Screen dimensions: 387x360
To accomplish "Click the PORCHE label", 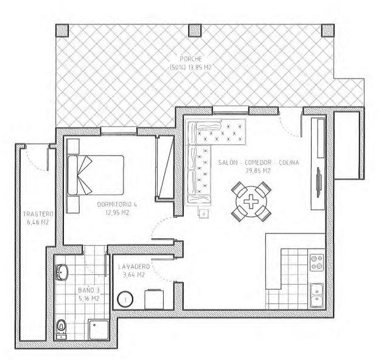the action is coord(191,59).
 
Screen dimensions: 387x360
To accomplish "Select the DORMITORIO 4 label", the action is coord(117,204).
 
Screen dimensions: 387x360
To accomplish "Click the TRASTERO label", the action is coord(38,214).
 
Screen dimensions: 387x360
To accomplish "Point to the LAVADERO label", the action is coord(134,266).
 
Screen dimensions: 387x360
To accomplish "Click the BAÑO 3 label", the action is coord(89,290).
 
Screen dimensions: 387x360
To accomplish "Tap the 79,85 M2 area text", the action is coord(258,171).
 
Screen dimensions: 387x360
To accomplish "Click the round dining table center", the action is coord(251,201).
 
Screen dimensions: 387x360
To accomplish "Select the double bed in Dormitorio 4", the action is coord(96,175).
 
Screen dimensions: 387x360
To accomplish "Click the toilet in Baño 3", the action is coord(61,330).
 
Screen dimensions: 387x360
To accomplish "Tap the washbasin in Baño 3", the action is coord(61,272).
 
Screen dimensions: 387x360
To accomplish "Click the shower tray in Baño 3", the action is coord(99,330).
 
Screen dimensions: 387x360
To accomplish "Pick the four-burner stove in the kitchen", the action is coord(317,262).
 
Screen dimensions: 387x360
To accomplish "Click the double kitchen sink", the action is coord(316,295).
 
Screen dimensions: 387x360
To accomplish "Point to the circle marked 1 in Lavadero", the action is coord(125,300).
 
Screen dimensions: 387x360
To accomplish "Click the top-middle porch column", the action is coord(195,30).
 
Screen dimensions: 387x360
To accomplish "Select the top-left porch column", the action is coord(62,30).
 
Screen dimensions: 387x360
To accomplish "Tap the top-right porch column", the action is coord(328,30).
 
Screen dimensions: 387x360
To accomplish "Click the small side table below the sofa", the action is coord(204,214).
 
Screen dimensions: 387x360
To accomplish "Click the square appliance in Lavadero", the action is coord(154,299).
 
